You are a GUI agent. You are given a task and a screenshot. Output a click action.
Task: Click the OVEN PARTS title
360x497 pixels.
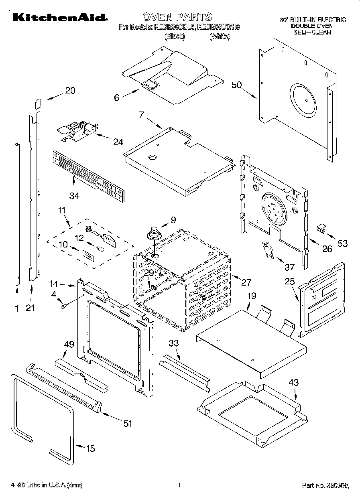177,17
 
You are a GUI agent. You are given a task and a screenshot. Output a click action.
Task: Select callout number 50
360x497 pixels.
237,85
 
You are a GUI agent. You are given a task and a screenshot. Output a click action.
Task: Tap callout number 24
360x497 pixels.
118,142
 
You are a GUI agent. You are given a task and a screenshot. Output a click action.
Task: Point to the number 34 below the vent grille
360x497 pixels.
74,196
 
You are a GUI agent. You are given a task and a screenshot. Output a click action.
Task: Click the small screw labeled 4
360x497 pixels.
64,306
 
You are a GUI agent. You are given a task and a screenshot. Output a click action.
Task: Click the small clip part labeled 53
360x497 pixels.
321,229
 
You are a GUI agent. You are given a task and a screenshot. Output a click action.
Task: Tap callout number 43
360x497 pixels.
294,383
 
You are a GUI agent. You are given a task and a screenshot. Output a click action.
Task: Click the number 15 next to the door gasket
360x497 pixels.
91,448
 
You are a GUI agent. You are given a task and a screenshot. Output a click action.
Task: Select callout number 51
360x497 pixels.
127,423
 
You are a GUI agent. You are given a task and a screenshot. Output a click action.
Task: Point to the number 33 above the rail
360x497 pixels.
174,343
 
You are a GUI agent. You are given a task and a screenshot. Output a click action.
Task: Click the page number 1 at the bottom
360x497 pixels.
179,485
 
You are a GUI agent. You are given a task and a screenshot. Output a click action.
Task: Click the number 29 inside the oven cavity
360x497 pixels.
149,273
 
